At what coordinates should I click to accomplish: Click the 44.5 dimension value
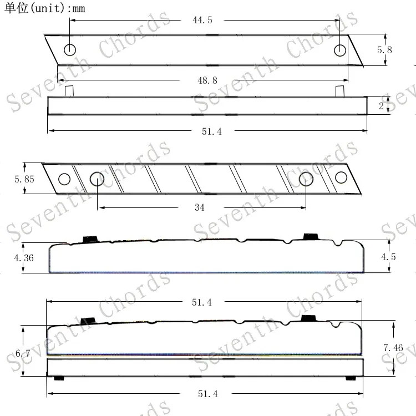(x=202, y=20)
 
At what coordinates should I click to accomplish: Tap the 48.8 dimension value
(x=207, y=80)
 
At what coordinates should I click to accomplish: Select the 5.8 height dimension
(x=384, y=50)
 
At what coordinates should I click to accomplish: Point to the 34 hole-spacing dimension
(x=200, y=207)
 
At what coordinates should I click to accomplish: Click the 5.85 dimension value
(x=24, y=179)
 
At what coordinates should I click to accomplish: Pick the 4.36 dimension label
(x=24, y=258)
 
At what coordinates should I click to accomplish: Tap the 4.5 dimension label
(x=388, y=257)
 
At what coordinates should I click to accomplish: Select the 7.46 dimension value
(x=393, y=348)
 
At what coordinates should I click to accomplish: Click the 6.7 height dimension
(x=23, y=353)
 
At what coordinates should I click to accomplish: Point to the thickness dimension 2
(x=381, y=106)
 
